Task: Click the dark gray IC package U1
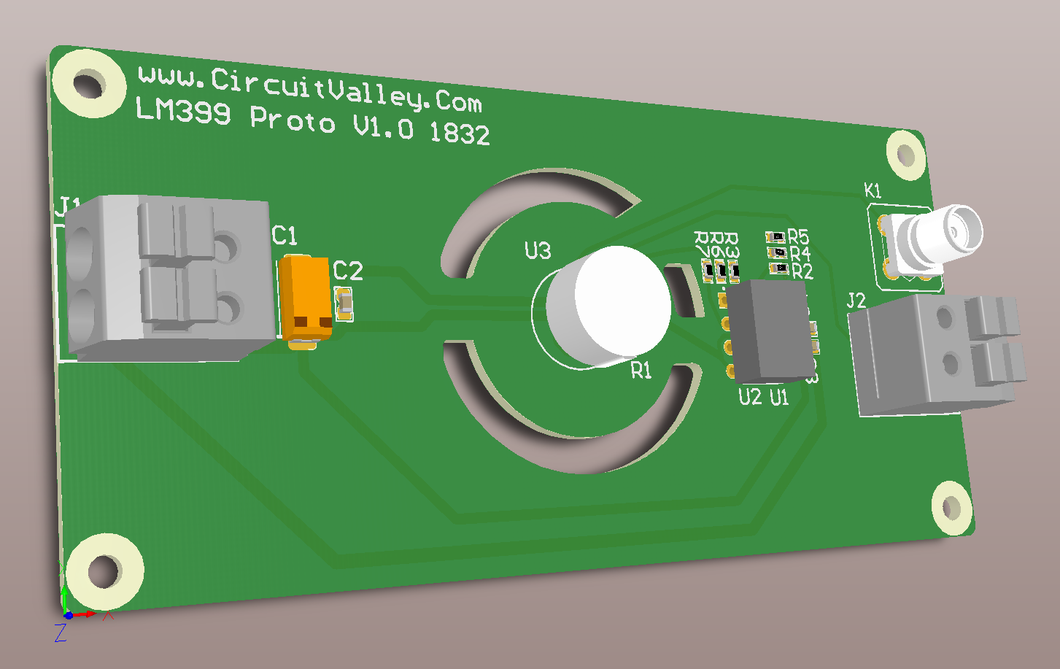point(767,332)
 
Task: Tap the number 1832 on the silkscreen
point(460,134)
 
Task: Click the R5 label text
point(798,237)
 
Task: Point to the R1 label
point(641,371)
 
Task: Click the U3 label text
point(538,251)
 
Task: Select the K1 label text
point(873,191)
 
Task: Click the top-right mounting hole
point(905,155)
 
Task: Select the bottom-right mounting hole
point(951,507)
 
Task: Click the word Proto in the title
point(293,120)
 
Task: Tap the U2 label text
point(749,397)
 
